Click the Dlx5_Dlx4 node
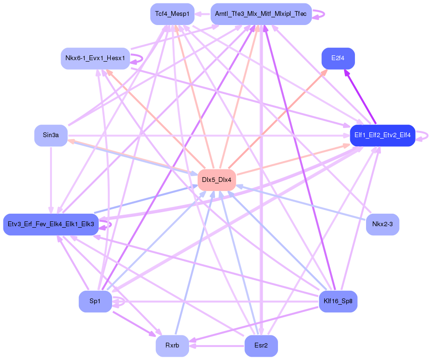point(216,180)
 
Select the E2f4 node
point(338,59)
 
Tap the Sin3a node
point(51,135)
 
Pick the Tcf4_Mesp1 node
point(172,14)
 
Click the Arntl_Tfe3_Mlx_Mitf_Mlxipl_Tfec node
point(261,14)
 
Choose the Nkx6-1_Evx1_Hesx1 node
point(95,59)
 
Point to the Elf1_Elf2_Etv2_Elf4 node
point(382,135)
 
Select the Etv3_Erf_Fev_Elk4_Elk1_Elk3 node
point(51,224)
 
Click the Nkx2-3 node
point(382,224)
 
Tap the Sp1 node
point(95,301)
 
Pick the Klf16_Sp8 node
point(338,301)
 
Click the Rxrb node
point(172,346)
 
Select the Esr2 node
point(261,346)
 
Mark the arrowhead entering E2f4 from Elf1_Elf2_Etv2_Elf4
point(346,73)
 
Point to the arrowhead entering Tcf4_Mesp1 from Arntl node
point(199,14)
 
